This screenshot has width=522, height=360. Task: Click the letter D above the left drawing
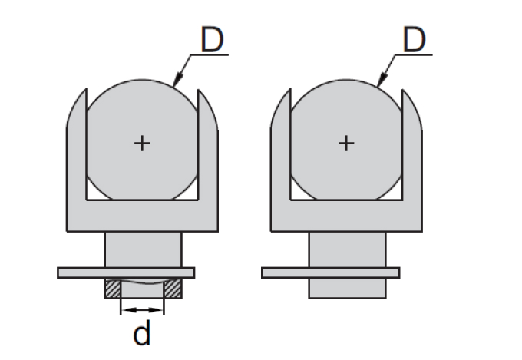click(x=212, y=40)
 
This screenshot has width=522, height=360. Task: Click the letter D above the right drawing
click(x=414, y=40)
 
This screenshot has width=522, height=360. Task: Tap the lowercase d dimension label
click(x=142, y=332)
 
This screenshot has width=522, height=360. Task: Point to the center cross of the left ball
click(x=142, y=144)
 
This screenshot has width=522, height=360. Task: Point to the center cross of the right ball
click(x=346, y=144)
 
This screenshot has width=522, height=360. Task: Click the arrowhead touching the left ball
click(x=178, y=80)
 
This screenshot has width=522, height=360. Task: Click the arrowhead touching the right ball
click(x=382, y=80)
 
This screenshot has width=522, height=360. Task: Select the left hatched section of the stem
click(x=113, y=288)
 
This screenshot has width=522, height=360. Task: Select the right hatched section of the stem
click(x=173, y=288)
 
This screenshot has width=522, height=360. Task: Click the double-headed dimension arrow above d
click(x=142, y=310)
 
